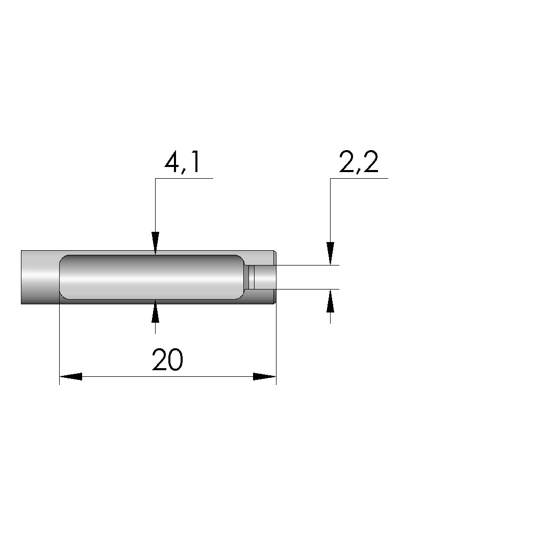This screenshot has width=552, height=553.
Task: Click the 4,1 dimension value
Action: (183, 162)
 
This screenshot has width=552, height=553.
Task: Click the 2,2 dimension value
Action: (359, 162)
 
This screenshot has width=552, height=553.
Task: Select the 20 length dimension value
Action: (167, 359)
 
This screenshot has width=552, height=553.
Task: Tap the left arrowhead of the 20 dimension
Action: (71, 377)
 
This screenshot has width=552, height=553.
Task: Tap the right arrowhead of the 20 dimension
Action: (265, 377)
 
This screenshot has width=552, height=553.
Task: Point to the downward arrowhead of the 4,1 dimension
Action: (156, 243)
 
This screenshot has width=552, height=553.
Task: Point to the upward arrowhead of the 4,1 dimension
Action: (156, 311)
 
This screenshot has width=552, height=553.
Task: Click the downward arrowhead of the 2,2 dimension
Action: (330, 253)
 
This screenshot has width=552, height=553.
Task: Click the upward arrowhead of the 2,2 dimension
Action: (330, 301)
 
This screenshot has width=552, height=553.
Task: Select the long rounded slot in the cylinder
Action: (152, 277)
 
